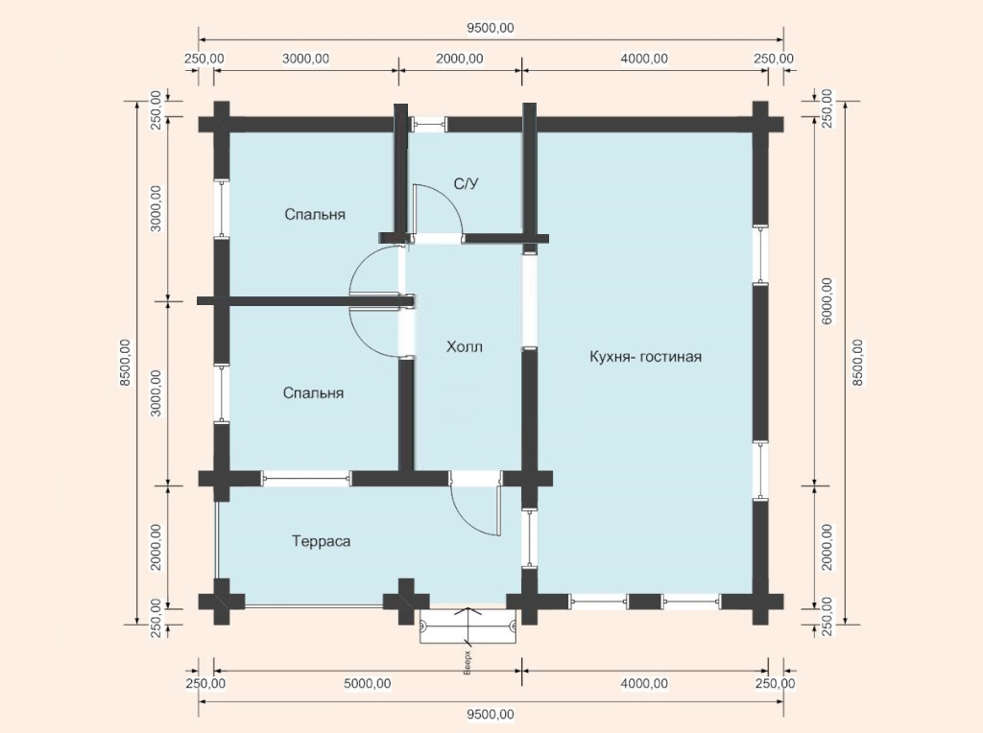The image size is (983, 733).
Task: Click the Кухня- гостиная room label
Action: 645,357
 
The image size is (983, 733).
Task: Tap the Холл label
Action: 465,346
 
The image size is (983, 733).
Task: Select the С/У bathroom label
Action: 466,183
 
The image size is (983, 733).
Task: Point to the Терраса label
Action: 321,541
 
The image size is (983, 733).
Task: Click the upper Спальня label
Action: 315,214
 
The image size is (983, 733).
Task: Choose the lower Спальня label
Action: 314,392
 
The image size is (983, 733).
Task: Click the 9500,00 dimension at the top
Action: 491,28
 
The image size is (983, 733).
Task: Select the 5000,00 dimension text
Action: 368,683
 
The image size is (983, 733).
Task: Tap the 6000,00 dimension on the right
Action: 827,300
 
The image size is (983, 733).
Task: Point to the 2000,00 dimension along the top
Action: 460,59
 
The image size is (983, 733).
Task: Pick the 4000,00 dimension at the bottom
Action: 644,683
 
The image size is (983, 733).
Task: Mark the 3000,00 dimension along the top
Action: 306,59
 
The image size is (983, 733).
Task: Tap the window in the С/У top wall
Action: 429,124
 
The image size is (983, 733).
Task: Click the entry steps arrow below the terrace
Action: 468,627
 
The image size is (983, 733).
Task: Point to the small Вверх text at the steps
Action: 468,663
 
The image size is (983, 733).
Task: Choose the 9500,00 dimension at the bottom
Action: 491,715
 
